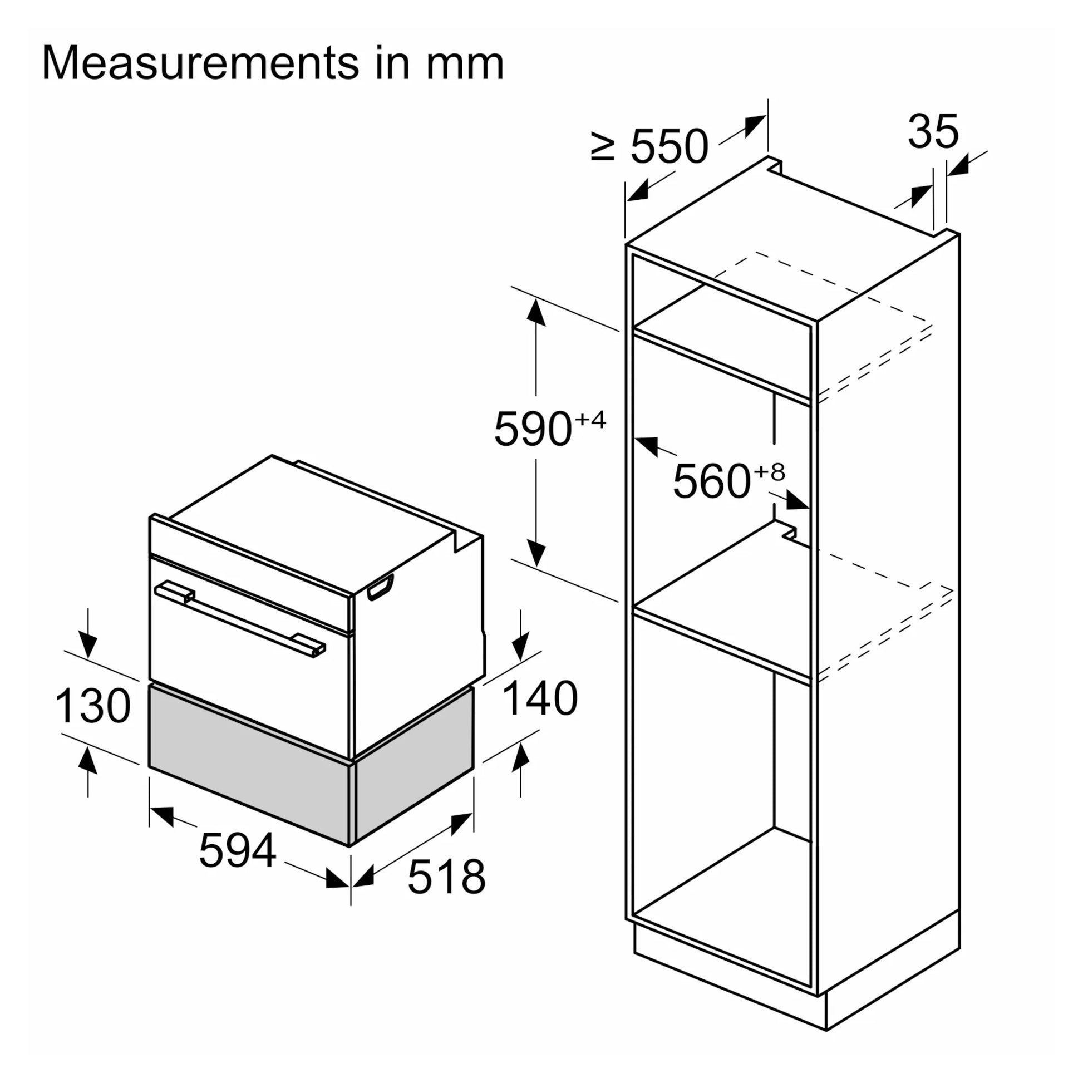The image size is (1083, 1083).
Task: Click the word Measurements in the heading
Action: click(200, 63)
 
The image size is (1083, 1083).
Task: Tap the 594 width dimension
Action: click(237, 850)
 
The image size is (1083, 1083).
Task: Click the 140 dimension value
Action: click(540, 698)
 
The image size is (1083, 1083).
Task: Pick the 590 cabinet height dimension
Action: click(533, 429)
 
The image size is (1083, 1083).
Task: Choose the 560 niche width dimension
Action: click(711, 481)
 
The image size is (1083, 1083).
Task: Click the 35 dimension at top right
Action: click(933, 132)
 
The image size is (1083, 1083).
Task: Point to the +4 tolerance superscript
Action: click(590, 419)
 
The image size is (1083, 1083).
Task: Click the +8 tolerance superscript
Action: click(769, 472)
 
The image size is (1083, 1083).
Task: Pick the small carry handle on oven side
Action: click(381, 587)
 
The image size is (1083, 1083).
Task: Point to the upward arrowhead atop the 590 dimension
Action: click(536, 311)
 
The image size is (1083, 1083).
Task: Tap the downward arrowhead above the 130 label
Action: click(88, 645)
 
